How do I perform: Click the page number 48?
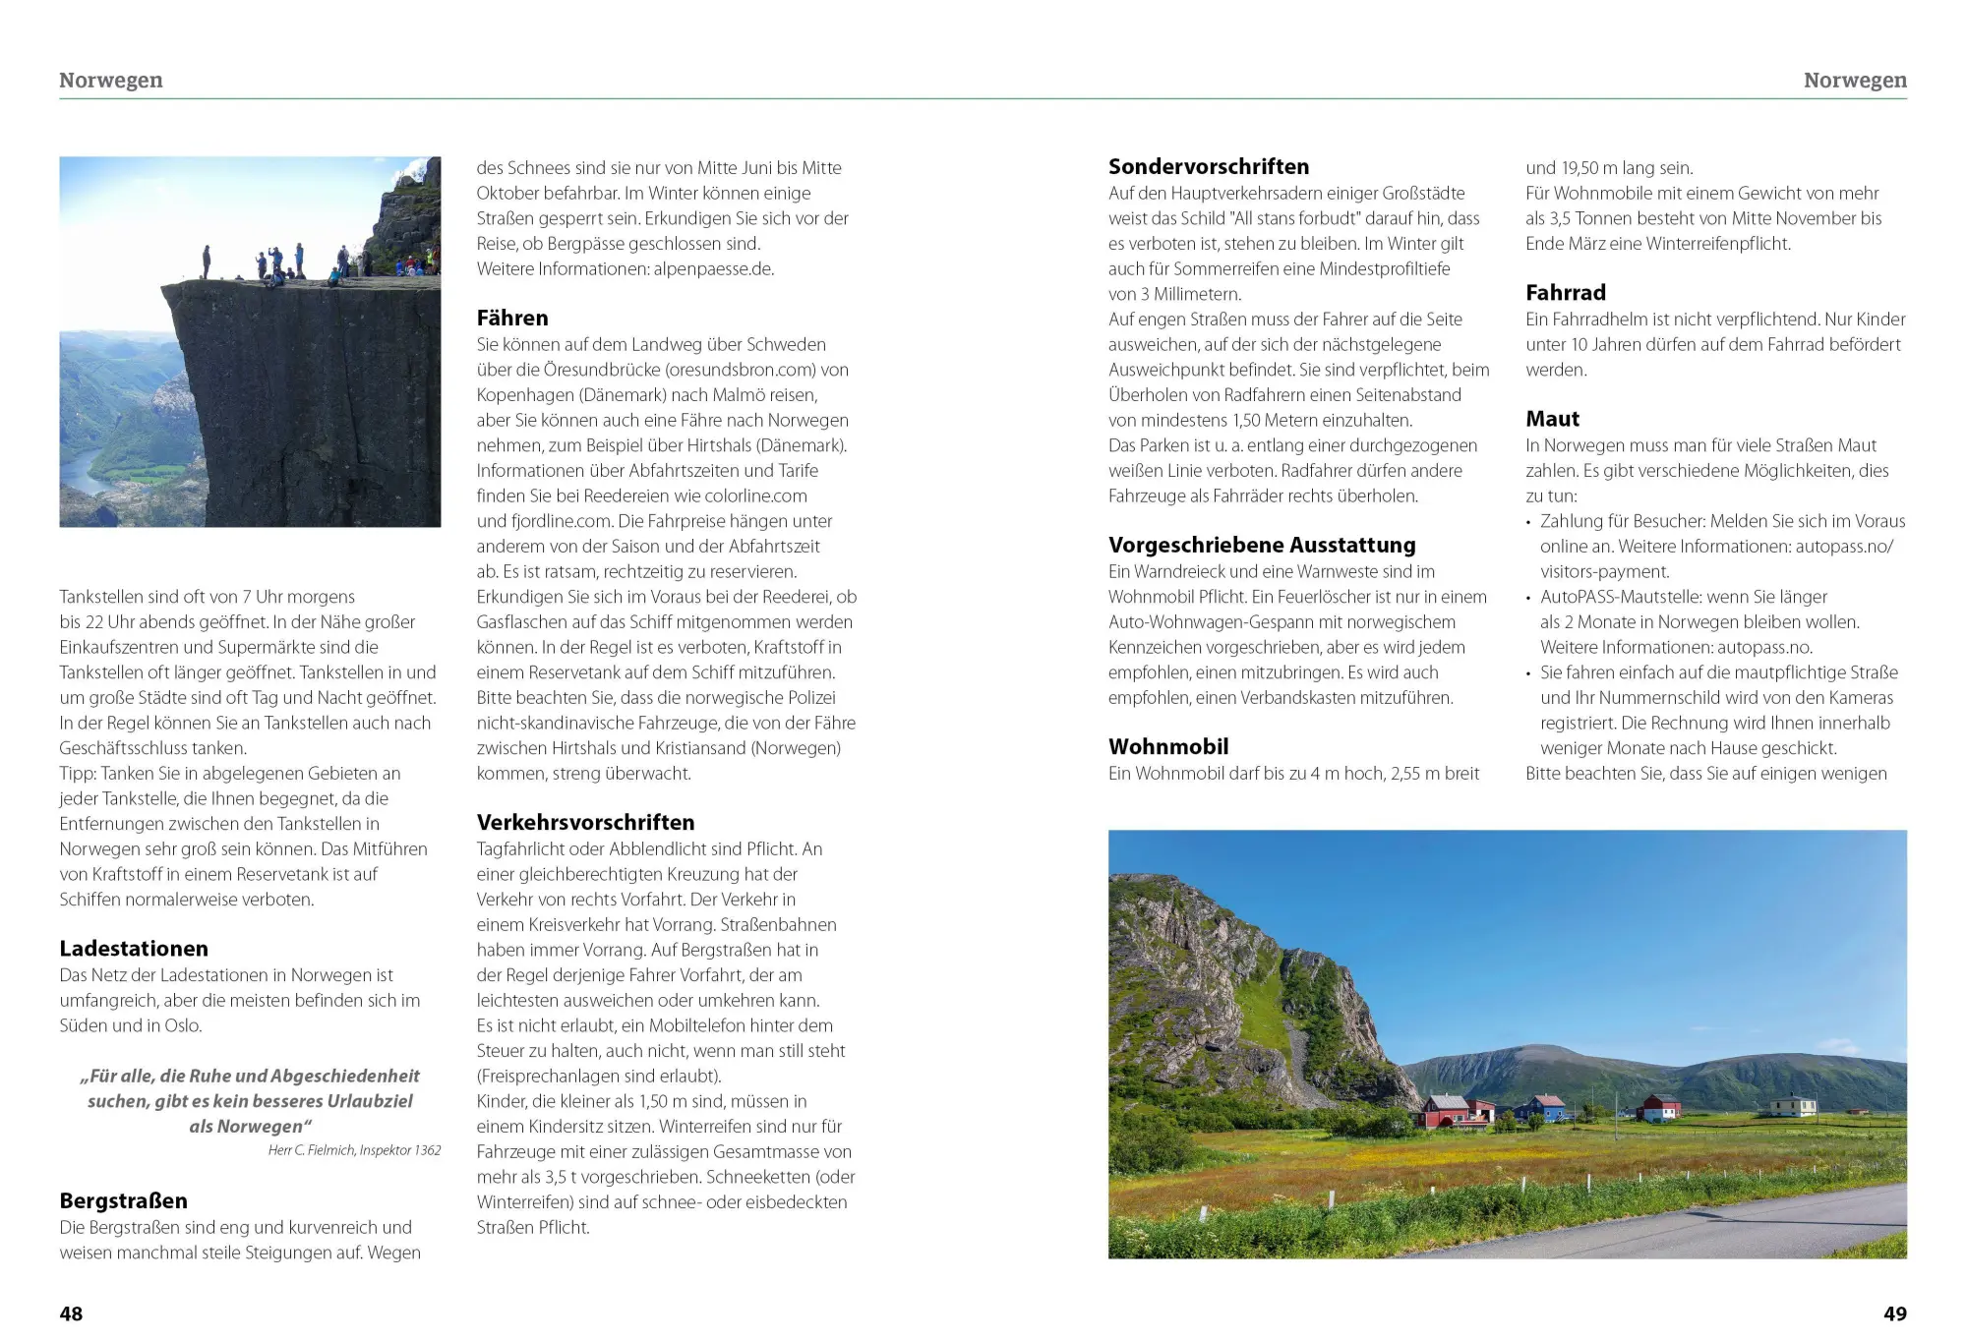pyautogui.click(x=71, y=1313)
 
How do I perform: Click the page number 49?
pyautogui.click(x=1894, y=1313)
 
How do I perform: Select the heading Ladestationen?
pyautogui.click(x=134, y=949)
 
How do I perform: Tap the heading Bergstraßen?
pyautogui.click(x=123, y=1200)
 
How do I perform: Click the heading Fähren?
pyautogui.click(x=512, y=318)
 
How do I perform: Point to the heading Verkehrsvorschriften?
pyautogui.click(x=585, y=822)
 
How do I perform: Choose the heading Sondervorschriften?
pyautogui.click(x=1209, y=166)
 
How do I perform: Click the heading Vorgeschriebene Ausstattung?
pyautogui.click(x=1262, y=545)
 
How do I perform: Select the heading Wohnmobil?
pyautogui.click(x=1168, y=746)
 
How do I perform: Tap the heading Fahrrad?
pyautogui.click(x=1566, y=292)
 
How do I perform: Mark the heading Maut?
pyautogui.click(x=1552, y=419)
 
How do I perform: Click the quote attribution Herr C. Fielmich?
pyautogui.click(x=309, y=1150)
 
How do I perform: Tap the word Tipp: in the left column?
pyautogui.click(x=78, y=773)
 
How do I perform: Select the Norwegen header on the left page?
pyautogui.click(x=111, y=80)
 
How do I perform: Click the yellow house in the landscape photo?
pyautogui.click(x=1792, y=1106)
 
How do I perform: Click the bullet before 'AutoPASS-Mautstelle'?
pyautogui.click(x=1528, y=598)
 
